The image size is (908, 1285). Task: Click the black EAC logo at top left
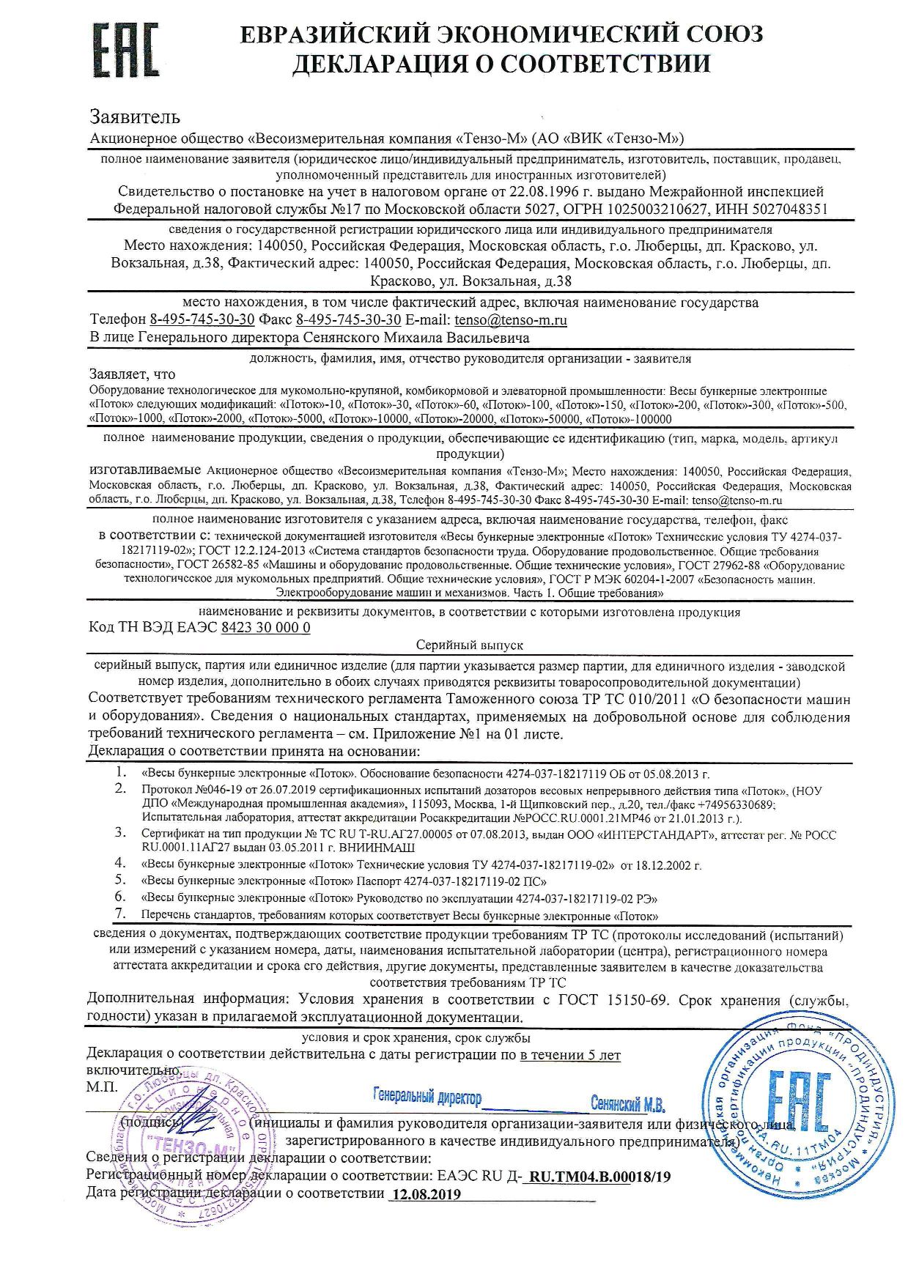[x=126, y=50]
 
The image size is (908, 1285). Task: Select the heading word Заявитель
[x=135, y=116]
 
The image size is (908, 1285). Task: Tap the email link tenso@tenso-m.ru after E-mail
[x=510, y=320]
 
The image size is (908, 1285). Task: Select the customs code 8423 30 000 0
[x=265, y=628]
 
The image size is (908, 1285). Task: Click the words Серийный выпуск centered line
[x=469, y=645]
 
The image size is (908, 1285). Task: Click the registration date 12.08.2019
[x=427, y=1194]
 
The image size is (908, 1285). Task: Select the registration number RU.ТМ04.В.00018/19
[x=599, y=1177]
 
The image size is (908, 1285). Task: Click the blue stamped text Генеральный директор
[x=427, y=1097]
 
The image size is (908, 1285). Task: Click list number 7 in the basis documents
[x=121, y=914]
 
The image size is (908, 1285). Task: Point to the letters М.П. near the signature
[x=101, y=1086]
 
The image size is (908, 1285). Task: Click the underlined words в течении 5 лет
[x=570, y=1056]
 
